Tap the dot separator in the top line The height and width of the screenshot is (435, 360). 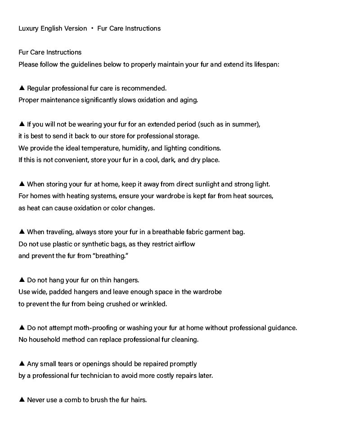point(92,28)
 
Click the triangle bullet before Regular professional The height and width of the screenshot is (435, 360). point(22,88)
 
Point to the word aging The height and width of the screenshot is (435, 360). point(189,100)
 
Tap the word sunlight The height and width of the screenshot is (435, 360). point(206,184)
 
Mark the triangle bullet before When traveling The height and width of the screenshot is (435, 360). point(22,231)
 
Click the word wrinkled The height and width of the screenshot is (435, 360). point(153,304)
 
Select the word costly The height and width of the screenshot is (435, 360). point(162,376)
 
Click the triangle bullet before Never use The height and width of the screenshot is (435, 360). point(22,399)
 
